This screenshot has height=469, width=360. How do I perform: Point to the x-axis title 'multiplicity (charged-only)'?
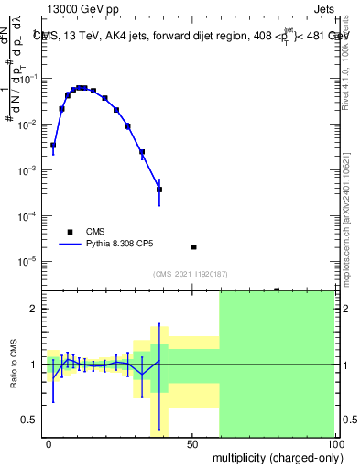click(x=273, y=455)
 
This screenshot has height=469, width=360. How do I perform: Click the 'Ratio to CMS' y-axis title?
click(x=14, y=364)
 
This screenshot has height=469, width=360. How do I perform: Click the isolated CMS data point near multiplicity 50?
click(x=193, y=247)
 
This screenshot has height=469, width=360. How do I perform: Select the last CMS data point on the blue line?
click(x=159, y=190)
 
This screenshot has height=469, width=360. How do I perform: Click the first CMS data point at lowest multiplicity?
click(x=53, y=145)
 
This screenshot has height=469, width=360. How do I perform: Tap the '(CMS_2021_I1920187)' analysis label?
click(x=190, y=274)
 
